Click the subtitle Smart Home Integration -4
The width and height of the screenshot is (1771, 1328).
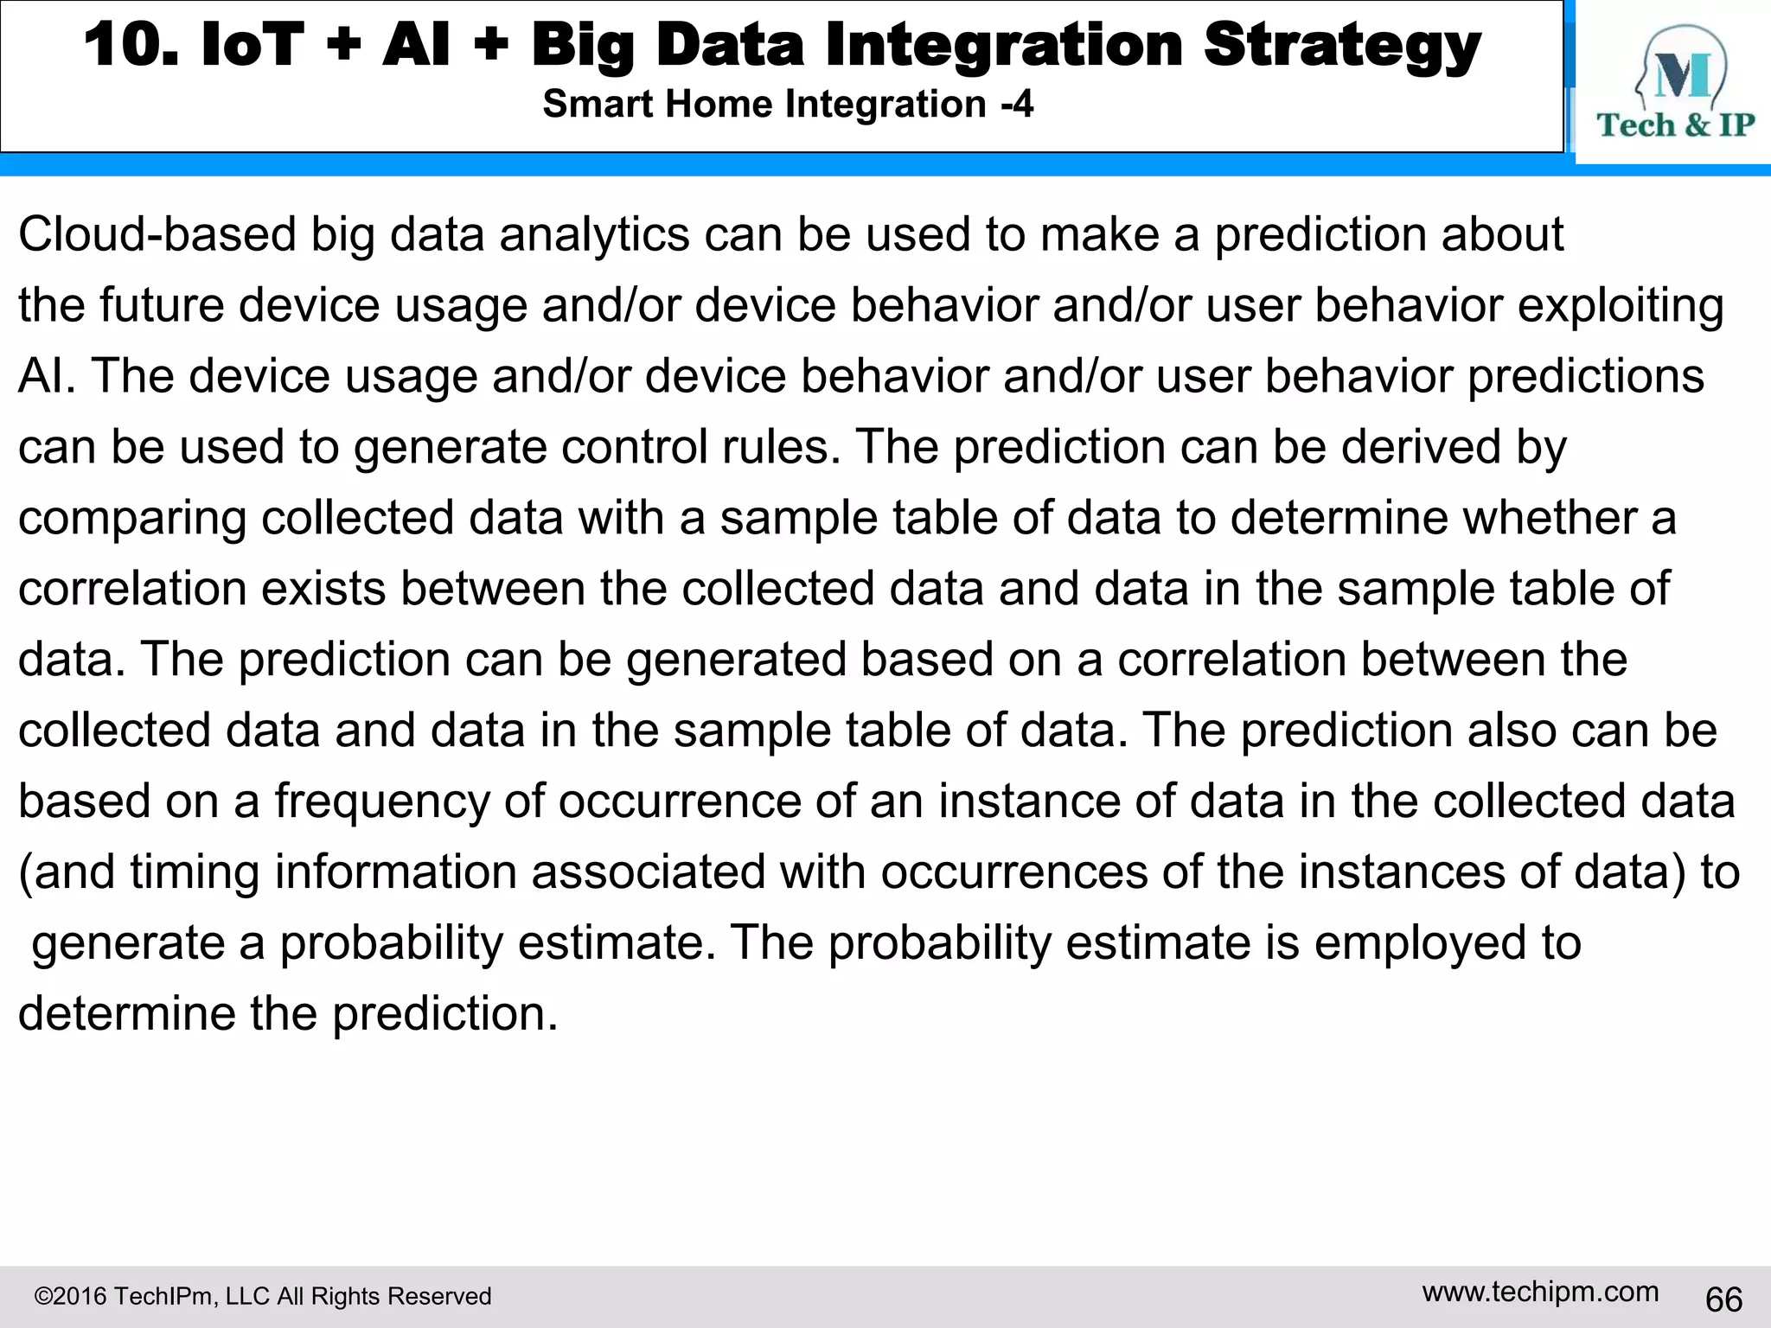[788, 105]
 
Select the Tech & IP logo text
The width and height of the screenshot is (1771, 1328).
[1675, 125]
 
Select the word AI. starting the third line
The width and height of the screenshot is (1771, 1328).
[47, 376]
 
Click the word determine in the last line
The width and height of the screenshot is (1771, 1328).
[126, 1013]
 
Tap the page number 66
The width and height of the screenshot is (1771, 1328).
[1723, 1299]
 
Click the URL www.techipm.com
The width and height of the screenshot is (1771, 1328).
[1540, 1292]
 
